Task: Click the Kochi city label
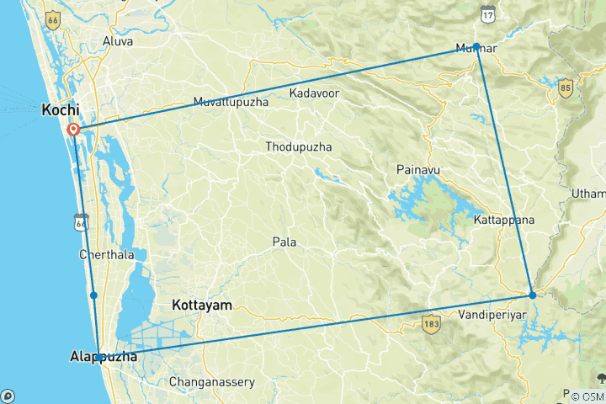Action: [x=61, y=110]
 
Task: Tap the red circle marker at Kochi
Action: [x=73, y=130]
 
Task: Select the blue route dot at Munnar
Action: [x=476, y=46]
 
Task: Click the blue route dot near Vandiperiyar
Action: [x=532, y=295]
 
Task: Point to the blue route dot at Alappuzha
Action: [x=99, y=358]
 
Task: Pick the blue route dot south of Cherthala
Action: [x=93, y=295]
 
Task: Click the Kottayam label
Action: [x=201, y=305]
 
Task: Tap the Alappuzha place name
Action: [x=103, y=358]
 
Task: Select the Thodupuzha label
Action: [x=298, y=147]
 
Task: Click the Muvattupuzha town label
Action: [x=231, y=103]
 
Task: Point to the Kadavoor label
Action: [x=314, y=93]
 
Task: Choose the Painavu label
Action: [x=418, y=170]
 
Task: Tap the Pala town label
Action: [x=284, y=242]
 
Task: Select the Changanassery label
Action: [x=212, y=382]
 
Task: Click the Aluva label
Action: [x=117, y=40]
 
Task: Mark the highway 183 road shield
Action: [x=432, y=324]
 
